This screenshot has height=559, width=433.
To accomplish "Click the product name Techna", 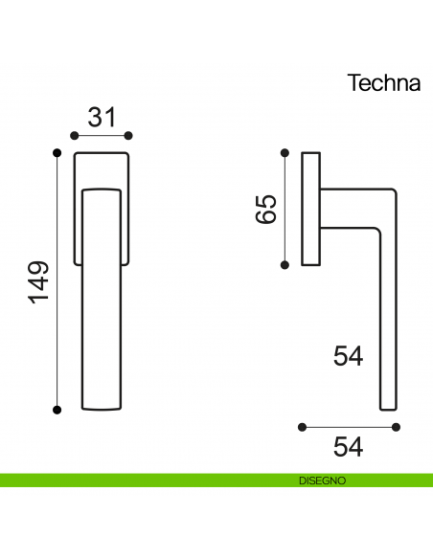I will [x=382, y=83].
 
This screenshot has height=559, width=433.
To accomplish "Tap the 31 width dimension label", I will [x=102, y=118].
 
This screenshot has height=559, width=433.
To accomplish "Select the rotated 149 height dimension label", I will [x=37, y=281].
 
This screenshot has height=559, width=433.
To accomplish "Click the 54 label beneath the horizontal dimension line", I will [x=349, y=446].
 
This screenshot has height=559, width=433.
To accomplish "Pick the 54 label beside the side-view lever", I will [x=349, y=356].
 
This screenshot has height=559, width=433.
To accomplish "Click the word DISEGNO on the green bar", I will [x=321, y=480].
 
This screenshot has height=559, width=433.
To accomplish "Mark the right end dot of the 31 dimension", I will [x=129, y=135].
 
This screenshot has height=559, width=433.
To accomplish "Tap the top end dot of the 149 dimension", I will [x=57, y=152].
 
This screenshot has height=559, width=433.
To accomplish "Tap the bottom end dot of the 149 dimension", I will [x=57, y=411].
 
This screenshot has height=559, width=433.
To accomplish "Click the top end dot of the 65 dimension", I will [x=285, y=152].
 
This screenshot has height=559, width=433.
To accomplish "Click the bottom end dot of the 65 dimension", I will [x=285, y=263].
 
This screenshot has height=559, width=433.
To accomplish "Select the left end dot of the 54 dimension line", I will [x=302, y=425].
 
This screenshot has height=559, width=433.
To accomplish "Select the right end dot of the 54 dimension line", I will [x=396, y=425].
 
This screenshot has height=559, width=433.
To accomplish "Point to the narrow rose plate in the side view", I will [x=310, y=208].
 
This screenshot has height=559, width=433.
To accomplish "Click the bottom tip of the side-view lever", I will [x=388, y=408].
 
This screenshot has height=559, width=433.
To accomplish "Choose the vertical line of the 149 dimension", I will [x=57, y=281].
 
